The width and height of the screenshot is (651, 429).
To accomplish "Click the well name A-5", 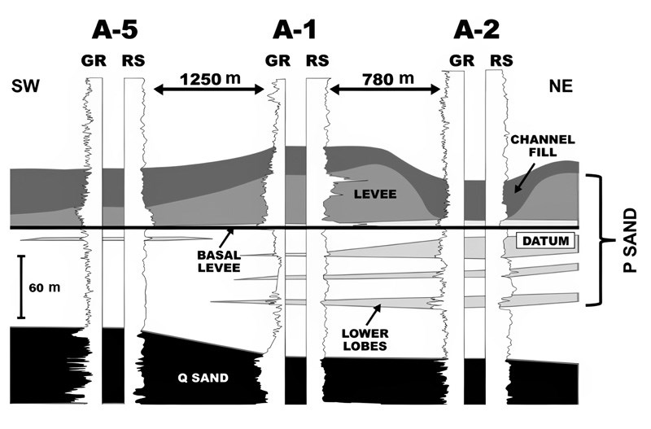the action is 115,30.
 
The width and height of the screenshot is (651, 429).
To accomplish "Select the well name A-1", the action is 295,30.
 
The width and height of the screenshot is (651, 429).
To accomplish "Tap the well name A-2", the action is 477,30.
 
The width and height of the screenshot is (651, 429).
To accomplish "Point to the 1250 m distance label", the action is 210,78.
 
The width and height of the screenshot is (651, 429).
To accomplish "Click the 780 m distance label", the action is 388,78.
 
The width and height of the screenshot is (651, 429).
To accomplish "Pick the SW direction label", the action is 26,86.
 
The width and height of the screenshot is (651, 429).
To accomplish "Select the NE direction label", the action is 561,86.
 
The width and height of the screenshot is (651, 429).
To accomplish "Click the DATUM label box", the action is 545,241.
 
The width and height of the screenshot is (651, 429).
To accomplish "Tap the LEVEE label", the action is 375,194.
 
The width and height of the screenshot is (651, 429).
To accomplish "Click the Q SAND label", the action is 203,378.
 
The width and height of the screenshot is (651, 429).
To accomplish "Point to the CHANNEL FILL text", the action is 543,146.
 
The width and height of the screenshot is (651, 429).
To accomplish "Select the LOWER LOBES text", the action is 365,339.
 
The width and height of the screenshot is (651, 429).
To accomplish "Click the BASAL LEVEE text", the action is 219,261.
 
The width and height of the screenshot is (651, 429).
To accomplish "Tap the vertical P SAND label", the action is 630,241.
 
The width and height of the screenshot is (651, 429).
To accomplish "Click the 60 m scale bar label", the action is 45,287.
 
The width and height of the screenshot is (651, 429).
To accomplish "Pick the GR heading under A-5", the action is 94,61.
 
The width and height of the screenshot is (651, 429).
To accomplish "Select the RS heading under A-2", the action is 501,61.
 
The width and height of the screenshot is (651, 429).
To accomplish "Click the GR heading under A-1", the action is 277,61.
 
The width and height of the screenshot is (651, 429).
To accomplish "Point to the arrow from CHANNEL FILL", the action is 523,178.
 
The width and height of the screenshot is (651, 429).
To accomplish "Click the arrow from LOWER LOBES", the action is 373,315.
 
